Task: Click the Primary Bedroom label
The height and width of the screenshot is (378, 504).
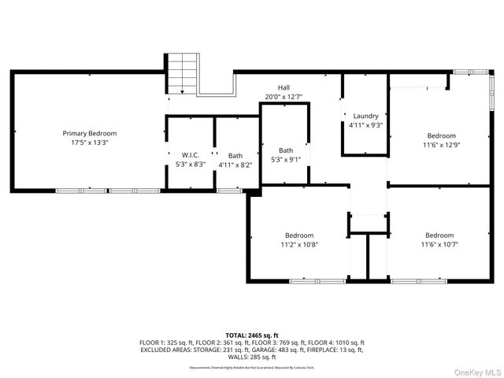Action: [90, 133]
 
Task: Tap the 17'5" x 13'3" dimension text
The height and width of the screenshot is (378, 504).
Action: [90, 143]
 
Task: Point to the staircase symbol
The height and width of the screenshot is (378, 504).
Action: [180, 72]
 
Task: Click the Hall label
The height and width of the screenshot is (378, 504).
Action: [283, 87]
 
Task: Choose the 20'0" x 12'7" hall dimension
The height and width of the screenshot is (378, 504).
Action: [283, 97]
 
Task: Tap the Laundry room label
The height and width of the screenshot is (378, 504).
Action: [365, 116]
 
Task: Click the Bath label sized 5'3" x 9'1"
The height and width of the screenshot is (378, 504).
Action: [285, 150]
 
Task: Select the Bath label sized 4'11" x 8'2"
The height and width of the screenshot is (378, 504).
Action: [235, 155]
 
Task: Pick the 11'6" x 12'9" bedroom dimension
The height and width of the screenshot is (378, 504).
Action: [439, 145]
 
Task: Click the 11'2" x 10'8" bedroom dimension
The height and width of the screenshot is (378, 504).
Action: [299, 244]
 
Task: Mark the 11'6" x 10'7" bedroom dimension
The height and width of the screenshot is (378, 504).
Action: [439, 244]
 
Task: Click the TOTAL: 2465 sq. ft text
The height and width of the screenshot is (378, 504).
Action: [252, 335]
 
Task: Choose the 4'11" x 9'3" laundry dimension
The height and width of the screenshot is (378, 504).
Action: [365, 125]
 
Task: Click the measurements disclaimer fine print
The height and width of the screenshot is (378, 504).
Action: [252, 366]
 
